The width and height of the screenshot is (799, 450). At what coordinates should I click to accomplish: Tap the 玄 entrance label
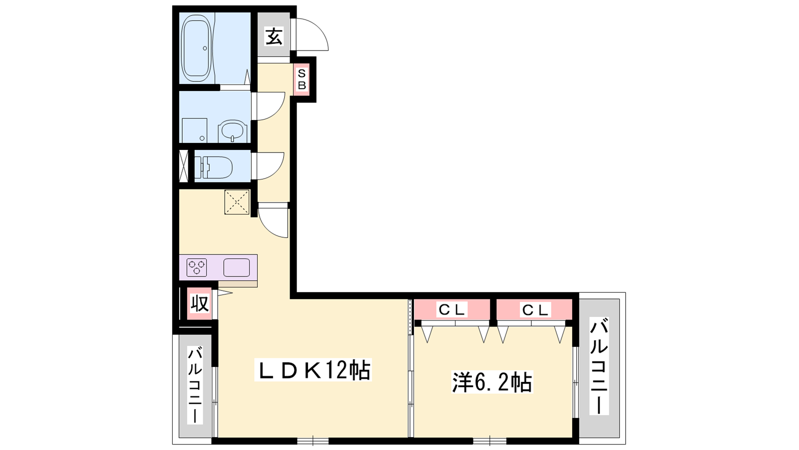pyautogui.click(x=274, y=36)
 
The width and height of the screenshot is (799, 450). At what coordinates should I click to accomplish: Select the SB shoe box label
pyautogui.click(x=302, y=79)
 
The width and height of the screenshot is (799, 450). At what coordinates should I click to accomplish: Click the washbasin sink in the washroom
pyautogui.click(x=233, y=131)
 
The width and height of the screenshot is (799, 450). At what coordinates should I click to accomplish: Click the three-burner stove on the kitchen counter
pyautogui.click(x=197, y=267)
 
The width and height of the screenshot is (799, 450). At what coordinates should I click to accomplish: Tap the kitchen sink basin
pyautogui.click(x=237, y=267)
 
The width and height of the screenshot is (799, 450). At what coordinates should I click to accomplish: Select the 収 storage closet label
pyautogui.click(x=199, y=303)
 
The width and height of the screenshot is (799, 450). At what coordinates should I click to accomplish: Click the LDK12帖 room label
pyautogui.click(x=313, y=369)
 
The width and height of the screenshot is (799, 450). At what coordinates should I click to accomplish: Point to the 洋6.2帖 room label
pyautogui.click(x=492, y=382)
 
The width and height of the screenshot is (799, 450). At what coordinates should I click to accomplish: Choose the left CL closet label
pyautogui.click(x=452, y=310)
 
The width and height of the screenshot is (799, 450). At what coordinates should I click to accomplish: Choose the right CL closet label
pyautogui.click(x=535, y=310)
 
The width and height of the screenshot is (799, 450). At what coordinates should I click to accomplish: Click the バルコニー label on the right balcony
pyautogui.click(x=599, y=366)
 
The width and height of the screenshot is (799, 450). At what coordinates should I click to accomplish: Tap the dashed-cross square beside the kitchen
pyautogui.click(x=237, y=202)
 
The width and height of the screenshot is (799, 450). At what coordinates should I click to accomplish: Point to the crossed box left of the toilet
pyautogui.click(x=183, y=166)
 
